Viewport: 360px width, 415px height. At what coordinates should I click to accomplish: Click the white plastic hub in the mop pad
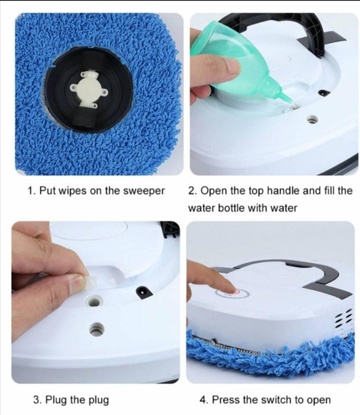click(x=88, y=89)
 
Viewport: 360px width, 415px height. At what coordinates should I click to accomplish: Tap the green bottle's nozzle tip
click(x=292, y=105)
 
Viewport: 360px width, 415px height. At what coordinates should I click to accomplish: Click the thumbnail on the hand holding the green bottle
click(x=231, y=66)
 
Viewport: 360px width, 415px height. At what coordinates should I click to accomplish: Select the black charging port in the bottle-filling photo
click(x=324, y=93)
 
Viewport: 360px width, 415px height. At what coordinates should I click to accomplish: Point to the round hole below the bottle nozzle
click(x=312, y=120)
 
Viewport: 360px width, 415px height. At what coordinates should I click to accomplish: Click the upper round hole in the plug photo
click(x=94, y=301)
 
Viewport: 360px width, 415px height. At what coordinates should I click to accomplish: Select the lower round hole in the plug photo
click(x=96, y=329)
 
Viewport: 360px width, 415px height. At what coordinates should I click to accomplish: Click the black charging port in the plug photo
click(x=144, y=293)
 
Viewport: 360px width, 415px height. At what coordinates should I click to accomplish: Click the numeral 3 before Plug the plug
click(x=36, y=399)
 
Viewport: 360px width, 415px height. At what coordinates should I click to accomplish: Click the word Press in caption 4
click(x=225, y=399)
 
